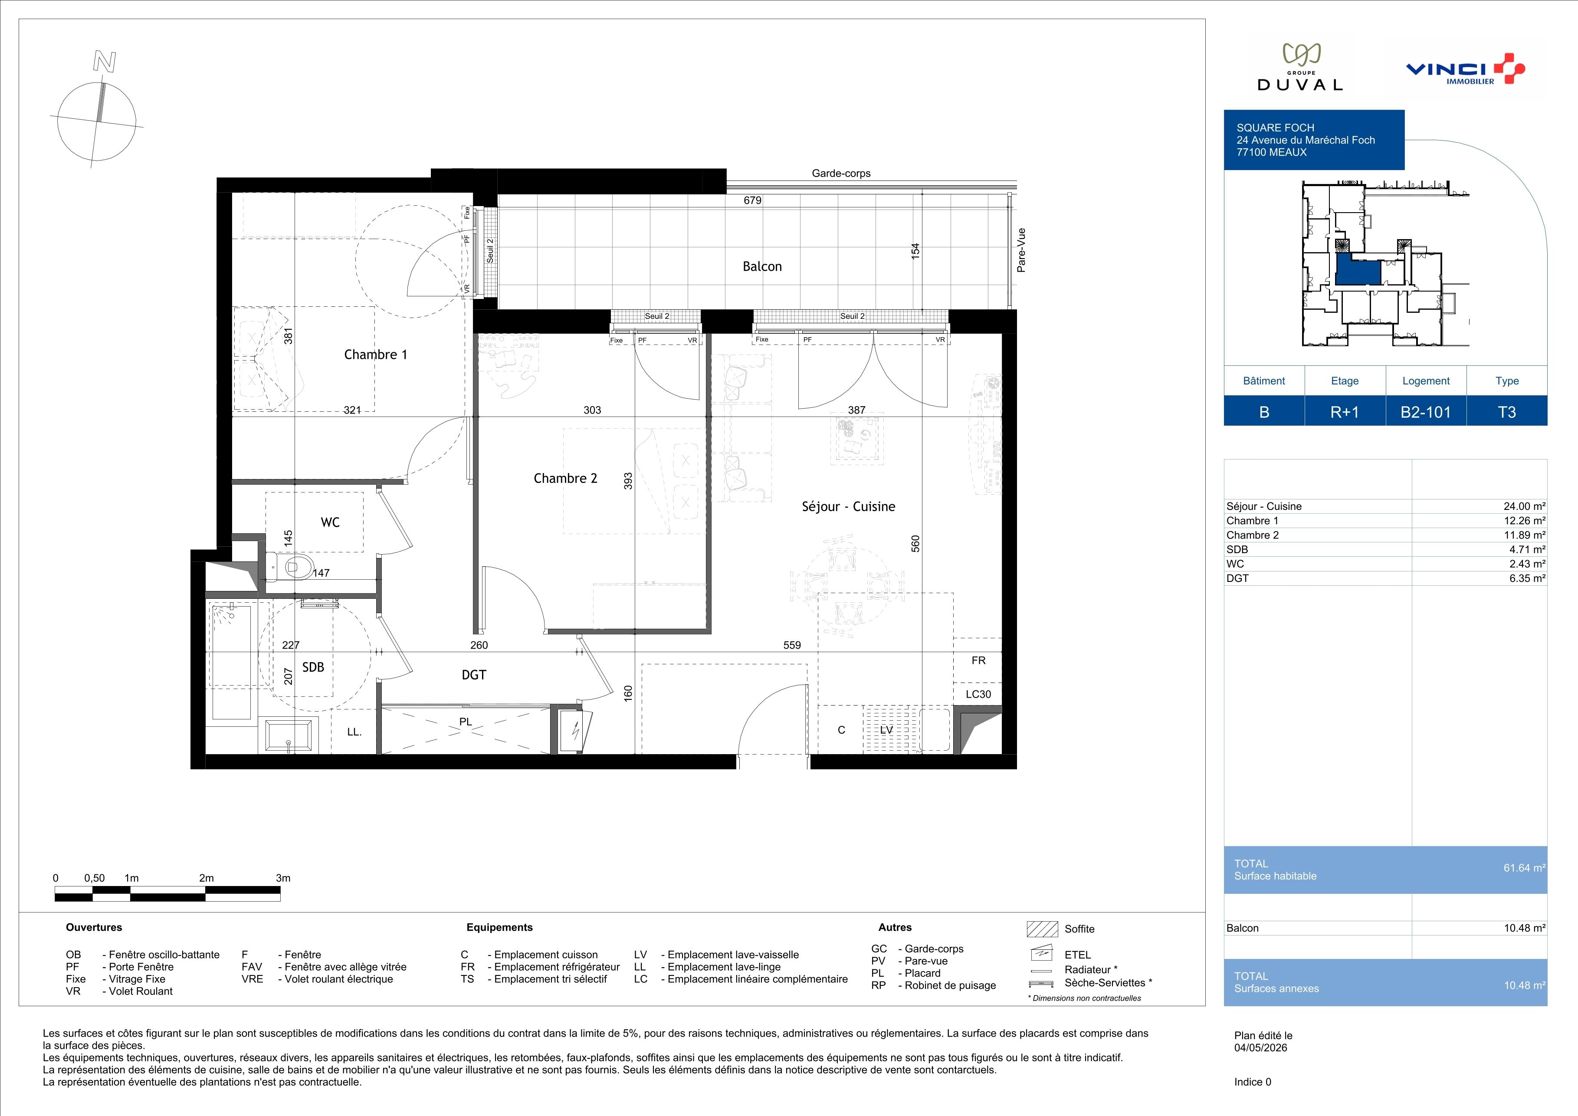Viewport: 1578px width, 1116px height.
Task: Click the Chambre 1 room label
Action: [375, 354]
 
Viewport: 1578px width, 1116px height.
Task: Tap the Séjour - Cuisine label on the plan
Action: [848, 506]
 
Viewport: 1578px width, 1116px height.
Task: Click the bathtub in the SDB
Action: [232, 661]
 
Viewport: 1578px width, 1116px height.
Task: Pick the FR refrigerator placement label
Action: [978, 660]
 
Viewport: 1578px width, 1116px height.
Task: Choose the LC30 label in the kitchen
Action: [978, 694]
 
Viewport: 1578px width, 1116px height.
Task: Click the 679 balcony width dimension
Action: [753, 200]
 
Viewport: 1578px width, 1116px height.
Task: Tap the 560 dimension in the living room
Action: [915, 544]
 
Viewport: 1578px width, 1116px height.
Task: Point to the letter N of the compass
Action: [105, 62]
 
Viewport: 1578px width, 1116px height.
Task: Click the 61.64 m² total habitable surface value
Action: [1524, 868]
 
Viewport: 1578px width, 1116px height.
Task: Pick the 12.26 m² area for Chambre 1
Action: [1524, 521]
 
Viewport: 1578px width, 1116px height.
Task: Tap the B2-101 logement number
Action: [1425, 412]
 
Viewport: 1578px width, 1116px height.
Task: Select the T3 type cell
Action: [1506, 412]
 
